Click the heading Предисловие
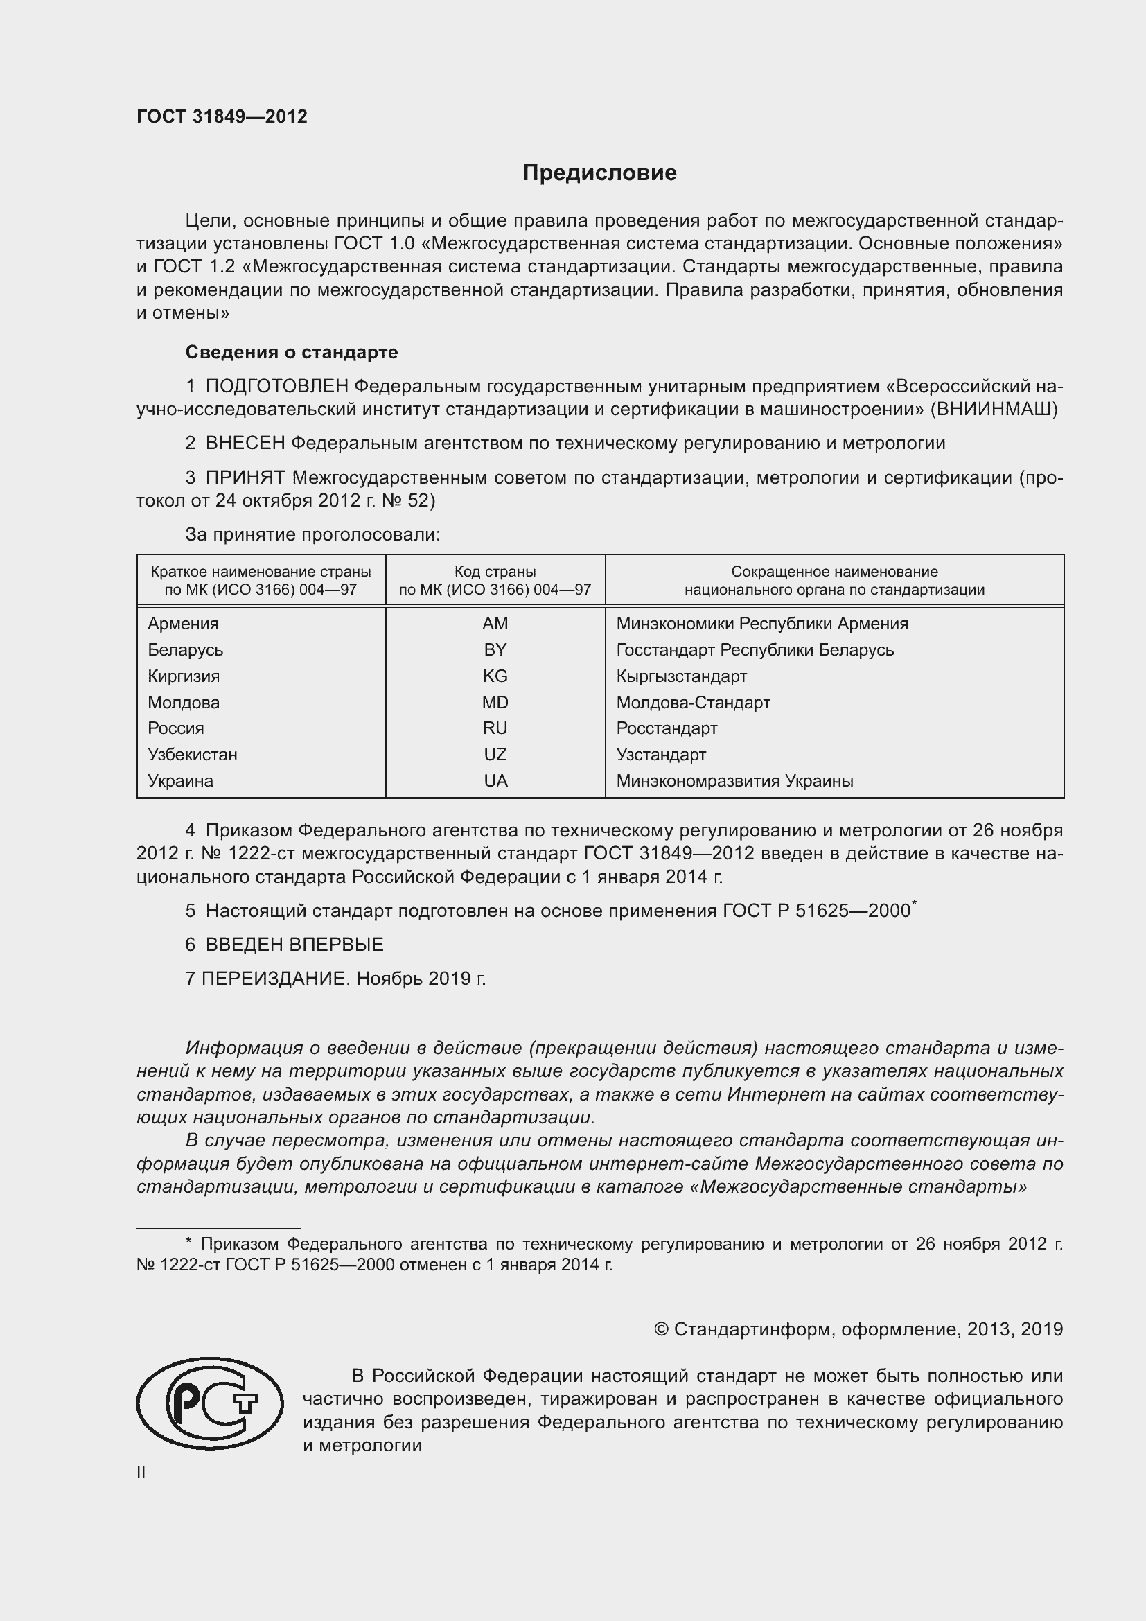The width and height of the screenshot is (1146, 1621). click(599, 173)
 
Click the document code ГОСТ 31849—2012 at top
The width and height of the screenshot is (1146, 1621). click(222, 116)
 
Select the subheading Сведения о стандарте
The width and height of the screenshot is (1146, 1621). click(292, 351)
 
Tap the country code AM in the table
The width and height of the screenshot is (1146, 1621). click(495, 624)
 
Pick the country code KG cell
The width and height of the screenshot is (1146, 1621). click(495, 676)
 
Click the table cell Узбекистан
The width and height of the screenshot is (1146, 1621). click(193, 754)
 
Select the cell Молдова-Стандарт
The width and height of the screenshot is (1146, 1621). click(693, 703)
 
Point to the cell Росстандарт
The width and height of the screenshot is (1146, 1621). click(666, 728)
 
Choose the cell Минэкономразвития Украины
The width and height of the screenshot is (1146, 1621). click(734, 781)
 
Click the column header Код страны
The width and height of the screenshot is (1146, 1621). click(495, 571)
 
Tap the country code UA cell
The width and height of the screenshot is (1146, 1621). click(495, 781)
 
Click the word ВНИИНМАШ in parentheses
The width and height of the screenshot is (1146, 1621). click(994, 409)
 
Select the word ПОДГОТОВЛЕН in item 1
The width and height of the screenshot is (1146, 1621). click(276, 386)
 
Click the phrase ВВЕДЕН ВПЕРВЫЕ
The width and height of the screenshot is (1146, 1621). click(294, 944)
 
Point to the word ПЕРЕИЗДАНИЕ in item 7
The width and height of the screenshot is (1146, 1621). click(276, 979)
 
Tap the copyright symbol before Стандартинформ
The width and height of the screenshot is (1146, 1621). click(660, 1329)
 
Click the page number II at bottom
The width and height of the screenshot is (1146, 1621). click(141, 1472)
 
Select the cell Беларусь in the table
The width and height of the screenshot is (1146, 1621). click(186, 649)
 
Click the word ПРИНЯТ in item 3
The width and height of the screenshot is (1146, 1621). click(245, 478)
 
